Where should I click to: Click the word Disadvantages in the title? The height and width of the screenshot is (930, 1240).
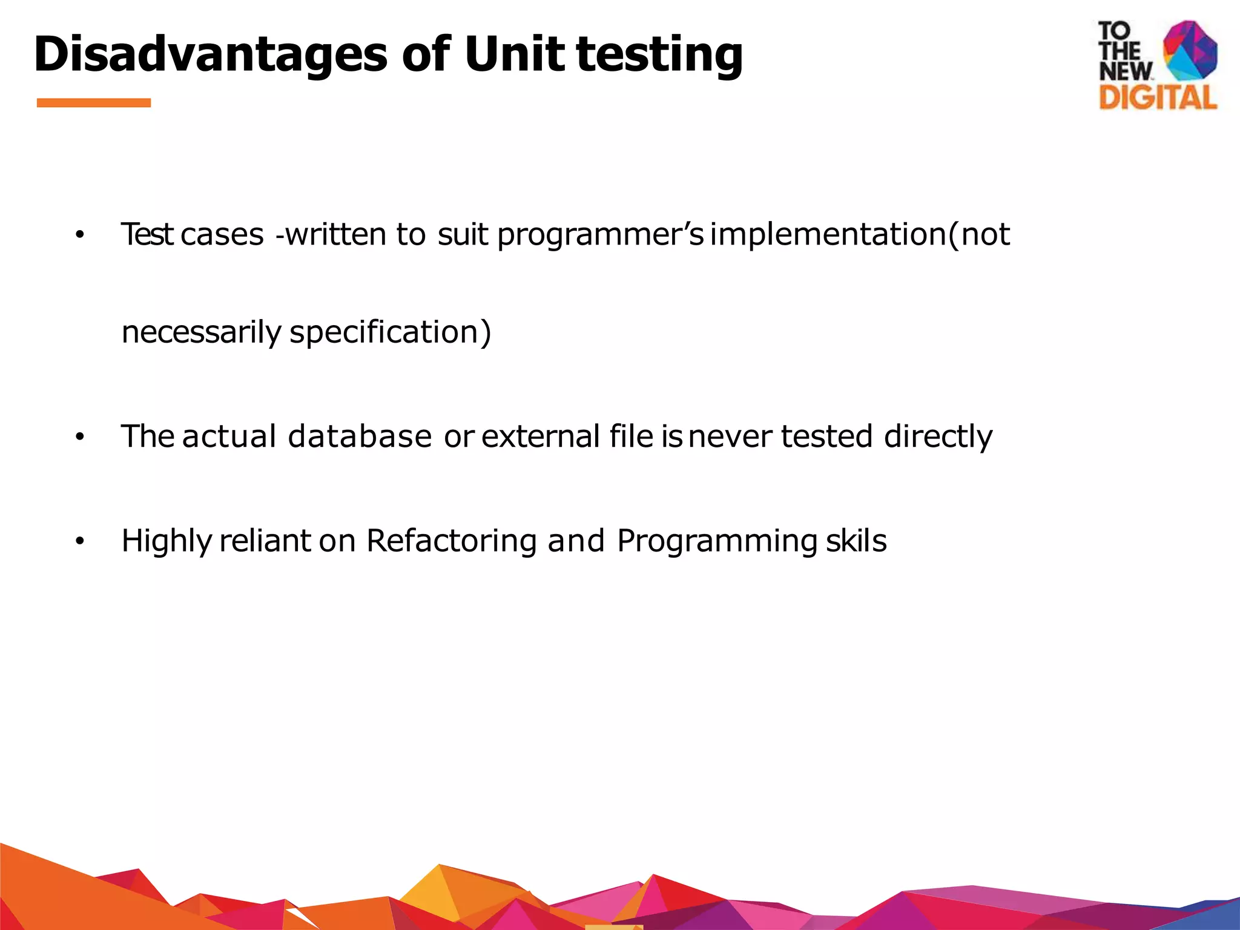(x=209, y=54)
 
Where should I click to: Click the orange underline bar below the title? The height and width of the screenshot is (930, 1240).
(x=94, y=103)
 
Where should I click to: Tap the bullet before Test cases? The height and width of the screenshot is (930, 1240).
(x=79, y=235)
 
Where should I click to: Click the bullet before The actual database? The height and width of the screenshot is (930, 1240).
(x=79, y=437)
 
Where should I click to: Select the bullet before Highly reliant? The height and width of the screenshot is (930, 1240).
(x=79, y=541)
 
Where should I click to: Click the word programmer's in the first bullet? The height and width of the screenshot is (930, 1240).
(x=600, y=235)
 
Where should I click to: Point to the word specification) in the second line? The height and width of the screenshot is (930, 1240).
(x=390, y=332)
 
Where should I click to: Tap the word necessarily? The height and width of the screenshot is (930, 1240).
(x=201, y=332)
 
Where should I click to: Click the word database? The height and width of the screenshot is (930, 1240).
(x=360, y=437)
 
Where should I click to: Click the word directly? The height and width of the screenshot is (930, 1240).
(x=938, y=437)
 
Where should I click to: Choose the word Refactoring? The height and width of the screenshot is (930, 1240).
(x=451, y=541)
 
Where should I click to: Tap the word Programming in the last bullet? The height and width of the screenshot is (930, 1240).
(x=717, y=541)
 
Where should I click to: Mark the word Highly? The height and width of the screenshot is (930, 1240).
(x=166, y=541)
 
